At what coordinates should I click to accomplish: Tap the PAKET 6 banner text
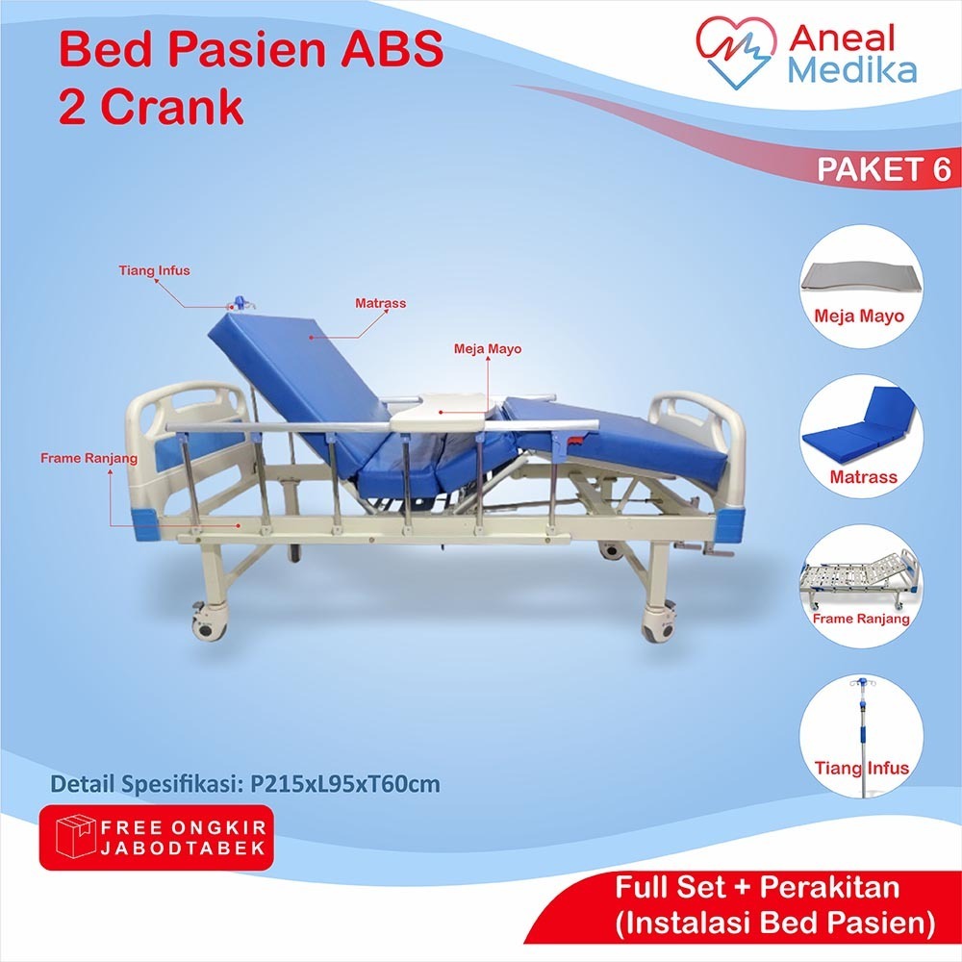883,170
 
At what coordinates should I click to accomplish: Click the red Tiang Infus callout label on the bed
155,270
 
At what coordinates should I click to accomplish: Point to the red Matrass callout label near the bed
381,303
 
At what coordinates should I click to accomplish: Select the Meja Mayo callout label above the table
488,349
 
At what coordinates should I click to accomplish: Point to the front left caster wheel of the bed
205,625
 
